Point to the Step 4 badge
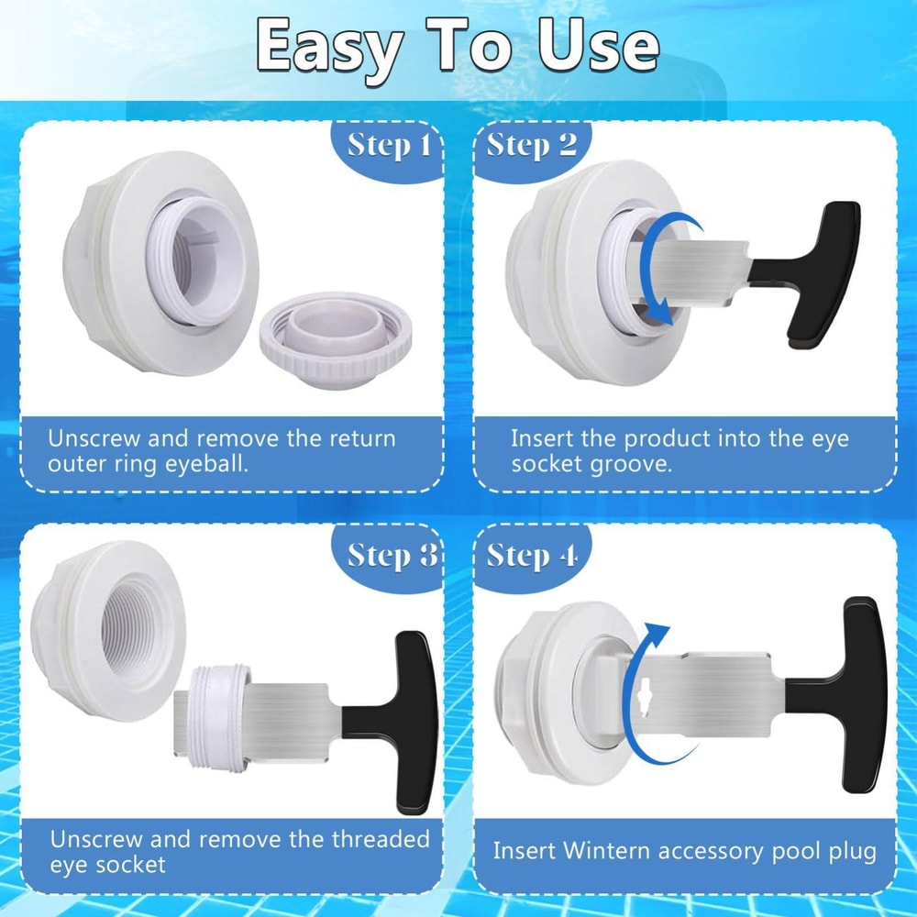coord(532,556)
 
